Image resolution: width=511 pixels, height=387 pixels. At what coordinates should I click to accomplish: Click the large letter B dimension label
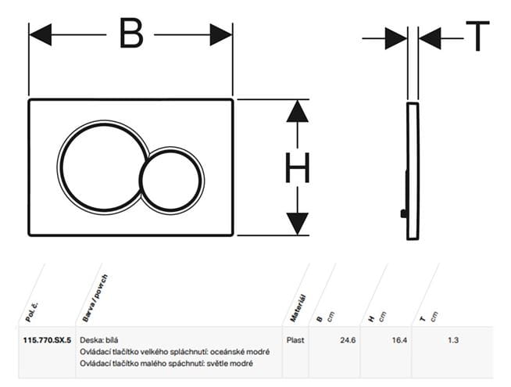click(132, 33)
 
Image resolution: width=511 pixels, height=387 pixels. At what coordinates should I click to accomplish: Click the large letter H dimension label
click(297, 167)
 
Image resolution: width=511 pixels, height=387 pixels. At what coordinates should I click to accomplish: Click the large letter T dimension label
click(477, 36)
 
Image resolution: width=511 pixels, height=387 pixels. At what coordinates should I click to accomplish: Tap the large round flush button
click(102, 167)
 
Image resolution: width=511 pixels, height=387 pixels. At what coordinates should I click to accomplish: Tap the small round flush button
click(171, 180)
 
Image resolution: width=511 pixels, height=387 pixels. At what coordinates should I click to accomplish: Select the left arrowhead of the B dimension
click(41, 34)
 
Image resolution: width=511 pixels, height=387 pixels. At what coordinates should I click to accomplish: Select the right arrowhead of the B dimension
click(221, 34)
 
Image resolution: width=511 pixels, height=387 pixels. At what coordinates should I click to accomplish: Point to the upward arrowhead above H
click(297, 111)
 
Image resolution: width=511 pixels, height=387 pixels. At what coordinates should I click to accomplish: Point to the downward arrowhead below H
click(297, 224)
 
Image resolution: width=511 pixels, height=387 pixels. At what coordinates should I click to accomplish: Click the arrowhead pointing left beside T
click(430, 38)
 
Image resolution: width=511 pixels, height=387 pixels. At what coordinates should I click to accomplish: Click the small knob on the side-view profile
click(403, 213)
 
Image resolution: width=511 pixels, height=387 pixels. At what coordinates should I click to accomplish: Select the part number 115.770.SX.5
click(47, 340)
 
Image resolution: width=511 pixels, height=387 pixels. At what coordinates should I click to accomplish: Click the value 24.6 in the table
click(348, 340)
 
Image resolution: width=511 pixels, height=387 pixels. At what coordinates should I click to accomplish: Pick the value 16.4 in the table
click(399, 340)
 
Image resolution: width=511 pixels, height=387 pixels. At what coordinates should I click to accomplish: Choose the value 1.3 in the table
click(453, 340)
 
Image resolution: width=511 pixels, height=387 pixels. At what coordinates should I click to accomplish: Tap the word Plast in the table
click(295, 340)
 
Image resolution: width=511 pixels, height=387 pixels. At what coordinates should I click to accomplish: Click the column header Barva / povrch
click(95, 299)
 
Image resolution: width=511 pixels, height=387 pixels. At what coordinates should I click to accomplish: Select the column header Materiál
click(298, 308)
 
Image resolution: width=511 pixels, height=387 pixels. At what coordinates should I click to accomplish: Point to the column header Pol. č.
click(31, 313)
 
